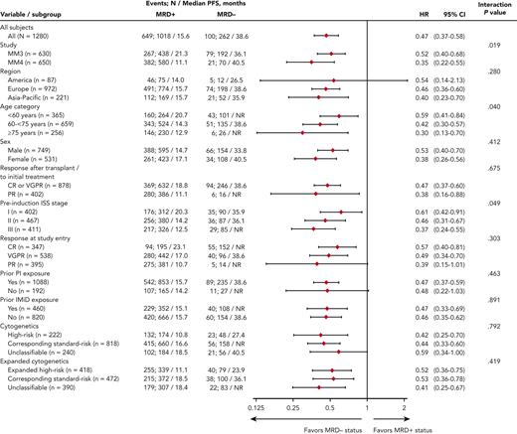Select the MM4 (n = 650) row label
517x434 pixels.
tap(35, 61)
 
